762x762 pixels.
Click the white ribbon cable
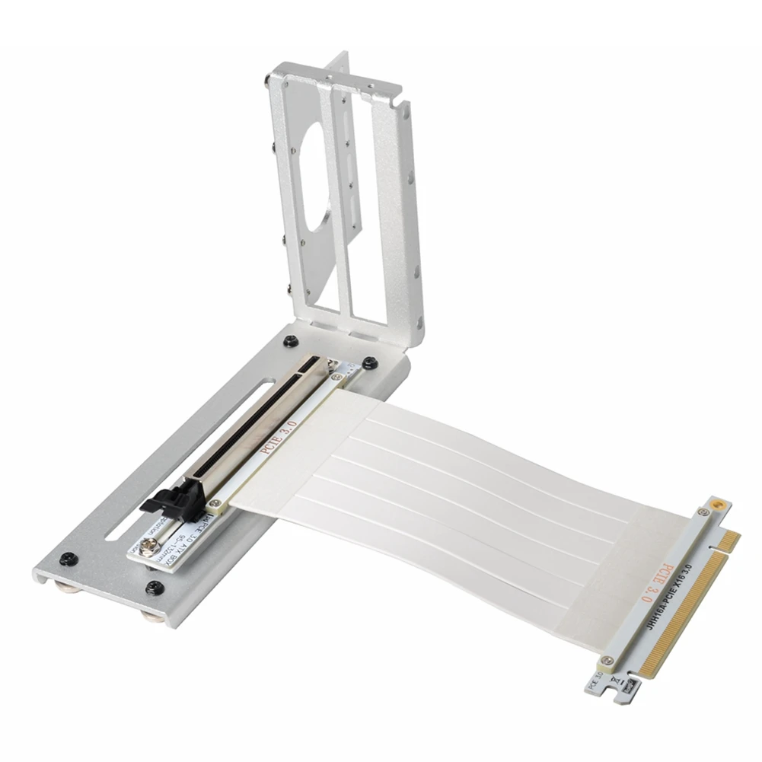tap(457, 487)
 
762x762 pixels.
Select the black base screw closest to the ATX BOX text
tap(156, 587)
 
